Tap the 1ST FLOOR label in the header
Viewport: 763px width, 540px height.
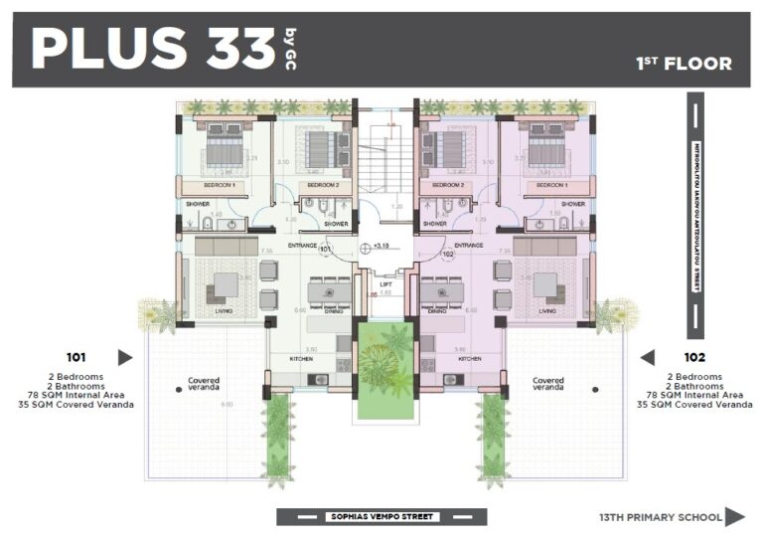click(x=684, y=65)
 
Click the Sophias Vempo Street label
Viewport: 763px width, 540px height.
click(x=381, y=516)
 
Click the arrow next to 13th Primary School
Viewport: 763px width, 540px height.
click(x=734, y=516)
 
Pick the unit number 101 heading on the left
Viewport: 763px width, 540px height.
click(x=76, y=356)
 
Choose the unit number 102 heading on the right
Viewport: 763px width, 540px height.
click(x=694, y=356)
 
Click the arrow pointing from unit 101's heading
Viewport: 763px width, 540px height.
click(x=125, y=357)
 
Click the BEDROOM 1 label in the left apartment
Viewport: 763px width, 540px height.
click(x=219, y=185)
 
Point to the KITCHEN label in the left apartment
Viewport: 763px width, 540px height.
click(x=303, y=358)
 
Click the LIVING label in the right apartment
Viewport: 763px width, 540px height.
click(x=547, y=310)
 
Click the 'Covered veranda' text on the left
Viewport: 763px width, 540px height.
click(x=204, y=384)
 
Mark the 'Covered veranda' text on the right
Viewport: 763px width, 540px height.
click(x=547, y=384)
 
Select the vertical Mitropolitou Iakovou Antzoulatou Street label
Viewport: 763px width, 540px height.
click(x=696, y=217)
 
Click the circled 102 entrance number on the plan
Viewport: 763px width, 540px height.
click(x=447, y=255)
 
